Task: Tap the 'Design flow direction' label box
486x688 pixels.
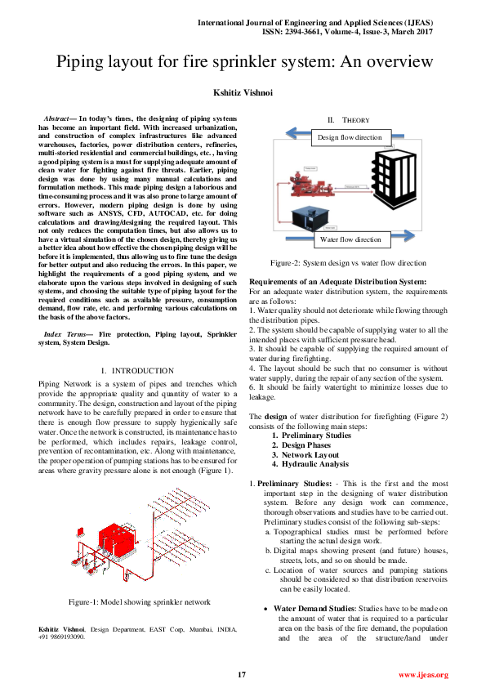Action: click(349, 137)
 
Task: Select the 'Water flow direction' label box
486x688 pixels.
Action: click(350, 239)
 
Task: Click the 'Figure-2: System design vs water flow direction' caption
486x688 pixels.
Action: click(348, 263)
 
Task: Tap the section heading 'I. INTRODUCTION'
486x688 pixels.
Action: click(132, 371)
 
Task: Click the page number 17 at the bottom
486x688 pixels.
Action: click(242, 673)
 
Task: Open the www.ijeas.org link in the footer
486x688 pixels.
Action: click(423, 674)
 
